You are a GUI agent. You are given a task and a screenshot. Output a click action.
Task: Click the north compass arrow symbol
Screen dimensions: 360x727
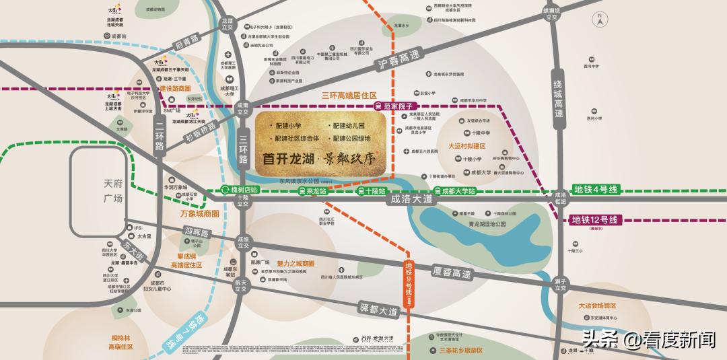click(x=597, y=19)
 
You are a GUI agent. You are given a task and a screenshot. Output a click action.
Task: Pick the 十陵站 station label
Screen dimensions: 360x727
click(x=372, y=191)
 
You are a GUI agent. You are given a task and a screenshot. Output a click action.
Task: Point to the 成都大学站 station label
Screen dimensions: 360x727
click(x=455, y=191)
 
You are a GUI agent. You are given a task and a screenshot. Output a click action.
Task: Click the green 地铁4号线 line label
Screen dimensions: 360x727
click(x=595, y=190)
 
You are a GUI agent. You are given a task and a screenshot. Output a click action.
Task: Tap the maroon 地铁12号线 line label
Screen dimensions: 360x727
click(x=594, y=219)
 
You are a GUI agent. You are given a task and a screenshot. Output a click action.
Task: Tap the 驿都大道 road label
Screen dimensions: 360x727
click(x=379, y=312)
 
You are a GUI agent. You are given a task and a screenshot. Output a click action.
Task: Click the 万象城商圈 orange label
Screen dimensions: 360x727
click(x=200, y=214)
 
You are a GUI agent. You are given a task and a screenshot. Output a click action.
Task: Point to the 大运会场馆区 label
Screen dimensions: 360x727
click(x=597, y=305)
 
